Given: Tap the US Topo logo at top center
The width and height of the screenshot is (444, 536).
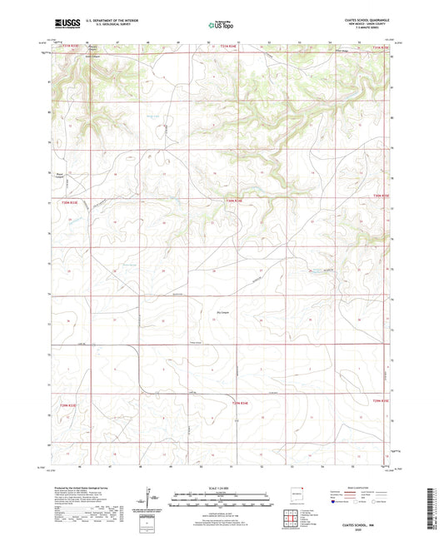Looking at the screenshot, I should tap(221, 25).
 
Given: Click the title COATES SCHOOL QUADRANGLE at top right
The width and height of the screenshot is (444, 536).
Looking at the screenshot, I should tap(365, 21).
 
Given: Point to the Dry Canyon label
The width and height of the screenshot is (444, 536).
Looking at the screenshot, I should tap(213, 313).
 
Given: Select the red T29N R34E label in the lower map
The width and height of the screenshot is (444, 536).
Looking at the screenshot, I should tap(239, 402).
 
